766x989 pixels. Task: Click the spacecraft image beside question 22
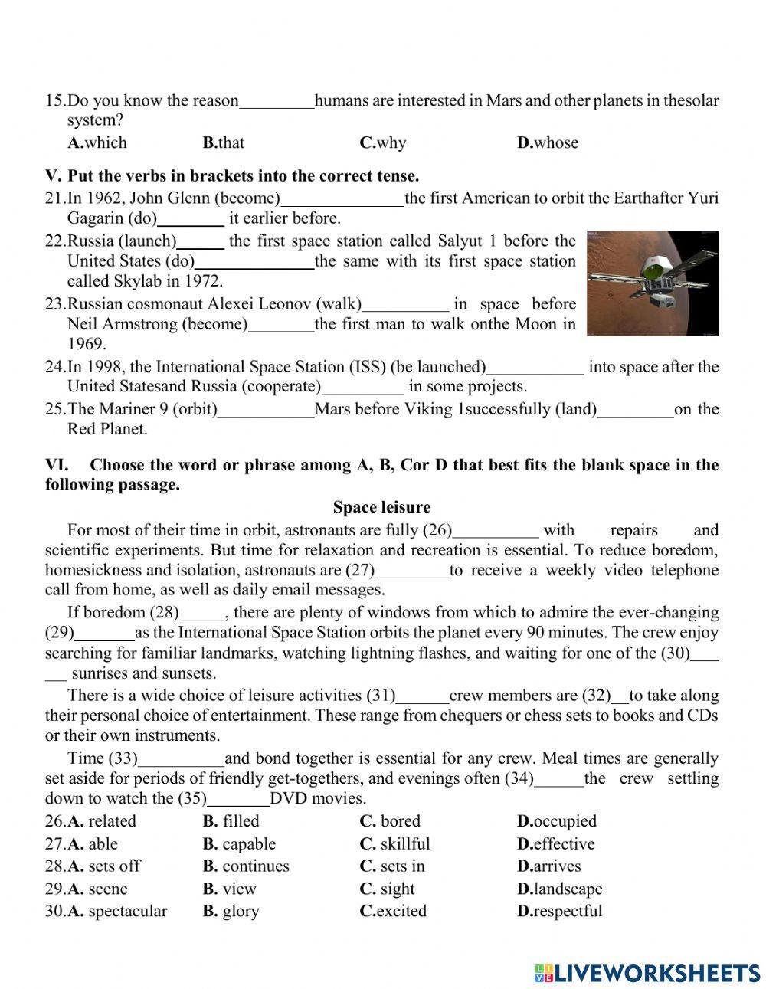click(653, 283)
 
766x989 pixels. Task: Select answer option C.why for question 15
click(382, 142)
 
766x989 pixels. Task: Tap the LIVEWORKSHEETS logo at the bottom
click(647, 972)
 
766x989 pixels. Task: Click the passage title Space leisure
click(381, 507)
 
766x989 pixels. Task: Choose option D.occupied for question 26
click(556, 821)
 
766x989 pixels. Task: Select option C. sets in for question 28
click(391, 866)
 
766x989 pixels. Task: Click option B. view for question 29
click(229, 889)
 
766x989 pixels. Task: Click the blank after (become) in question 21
click(342, 199)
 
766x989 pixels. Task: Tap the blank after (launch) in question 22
click(201, 242)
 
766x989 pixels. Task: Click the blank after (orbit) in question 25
click(266, 410)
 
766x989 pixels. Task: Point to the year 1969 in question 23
click(87, 344)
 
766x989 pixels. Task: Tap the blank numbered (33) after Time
click(181, 759)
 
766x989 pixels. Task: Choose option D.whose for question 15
click(548, 142)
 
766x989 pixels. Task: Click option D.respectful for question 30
click(559, 912)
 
